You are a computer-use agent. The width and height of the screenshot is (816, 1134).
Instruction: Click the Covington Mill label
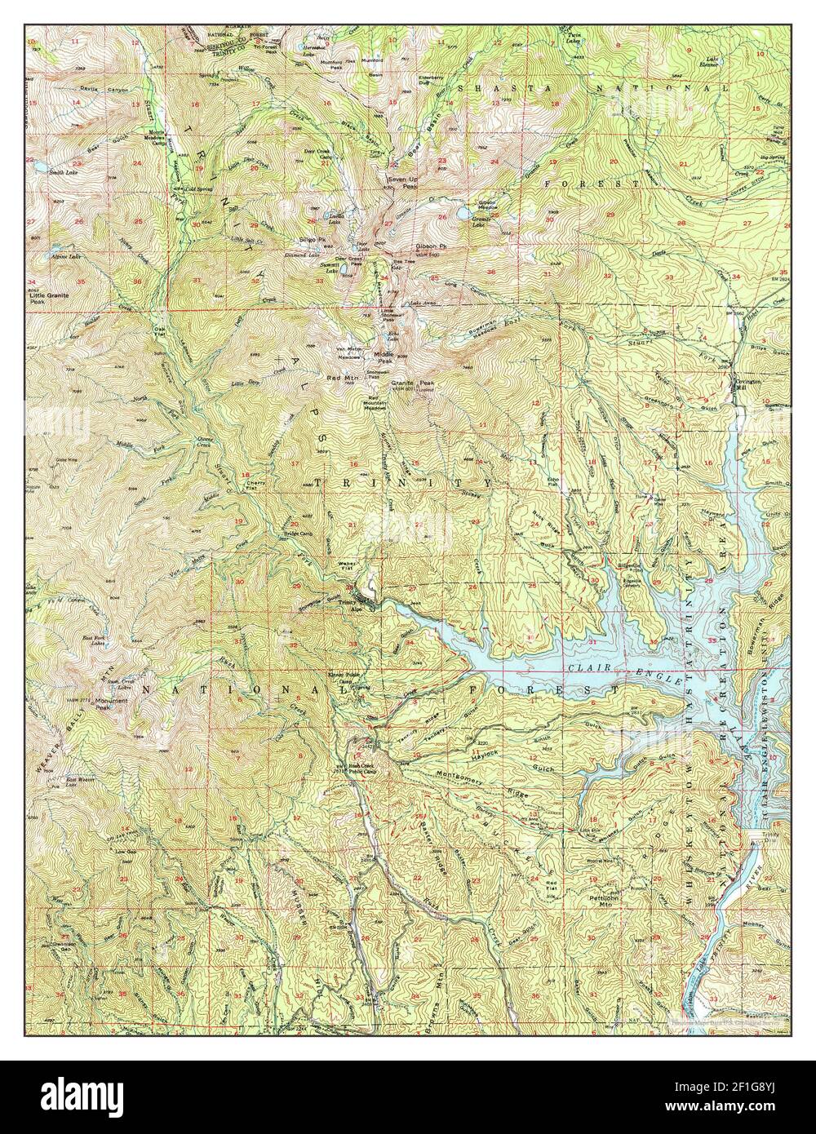coord(747,383)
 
